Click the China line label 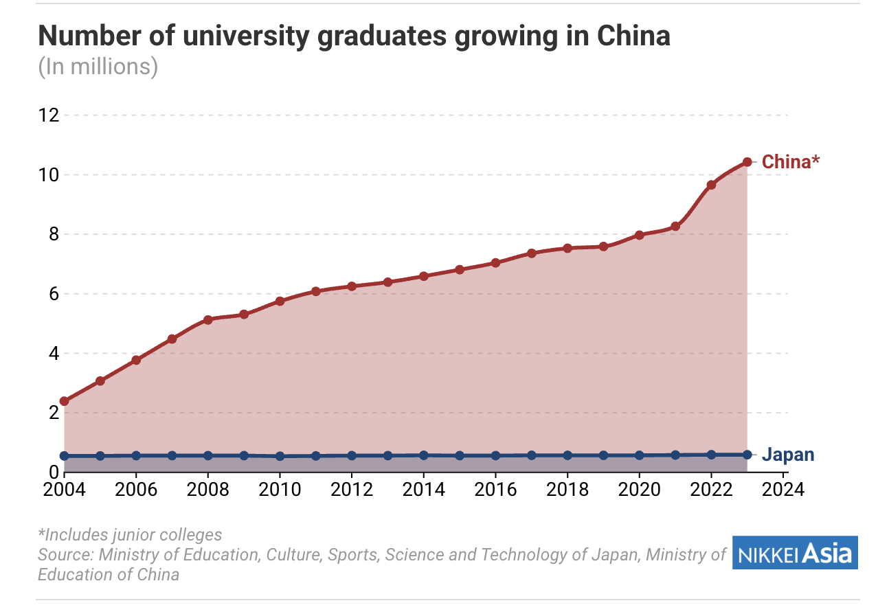click(x=791, y=162)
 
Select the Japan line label click(x=789, y=455)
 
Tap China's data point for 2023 click(x=747, y=162)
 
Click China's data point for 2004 click(x=64, y=401)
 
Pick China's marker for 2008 click(x=207, y=319)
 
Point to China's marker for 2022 click(x=711, y=185)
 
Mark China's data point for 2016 click(x=495, y=262)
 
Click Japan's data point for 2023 click(x=747, y=454)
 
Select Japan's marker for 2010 click(x=280, y=456)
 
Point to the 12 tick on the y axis click(x=48, y=115)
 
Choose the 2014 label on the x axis click(x=423, y=490)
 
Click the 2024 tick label click(x=783, y=490)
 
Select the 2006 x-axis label click(x=136, y=490)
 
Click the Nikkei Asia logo click(x=796, y=553)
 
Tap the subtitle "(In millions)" click(x=98, y=67)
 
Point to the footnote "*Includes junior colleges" click(x=130, y=534)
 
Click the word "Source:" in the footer click(x=66, y=554)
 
